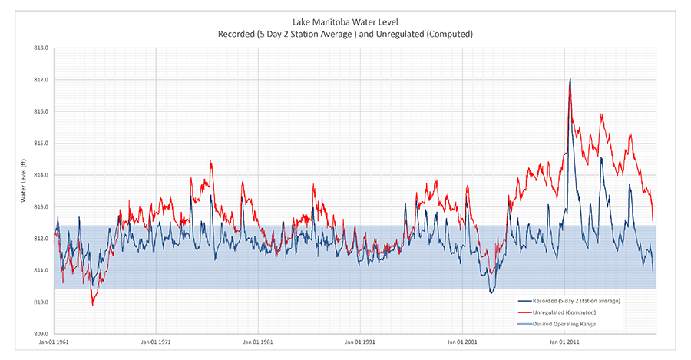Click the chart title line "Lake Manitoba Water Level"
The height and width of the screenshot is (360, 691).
[345, 22]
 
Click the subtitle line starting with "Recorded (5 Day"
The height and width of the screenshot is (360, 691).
[345, 34]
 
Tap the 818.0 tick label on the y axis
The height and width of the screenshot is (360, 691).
[41, 48]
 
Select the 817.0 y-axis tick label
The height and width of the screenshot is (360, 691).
[41, 80]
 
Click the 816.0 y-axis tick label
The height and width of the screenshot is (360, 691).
[41, 111]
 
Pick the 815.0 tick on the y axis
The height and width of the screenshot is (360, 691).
[41, 144]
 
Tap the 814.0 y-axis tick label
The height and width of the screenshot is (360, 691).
[41, 175]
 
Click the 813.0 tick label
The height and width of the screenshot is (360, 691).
[41, 207]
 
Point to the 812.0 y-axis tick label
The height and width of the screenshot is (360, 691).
[41, 239]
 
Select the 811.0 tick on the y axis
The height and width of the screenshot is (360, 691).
[41, 270]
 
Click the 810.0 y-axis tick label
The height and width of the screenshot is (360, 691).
[41, 302]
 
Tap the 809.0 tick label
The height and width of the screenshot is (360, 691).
[41, 334]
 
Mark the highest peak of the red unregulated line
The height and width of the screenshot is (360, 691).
[570, 80]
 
